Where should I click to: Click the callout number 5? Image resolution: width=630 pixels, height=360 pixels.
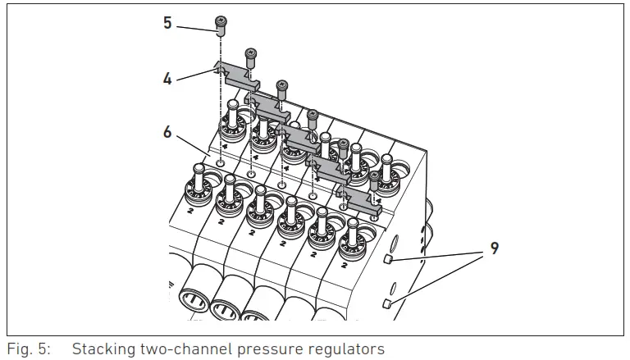click(x=167, y=23)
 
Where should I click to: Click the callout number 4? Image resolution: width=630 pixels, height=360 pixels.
click(x=167, y=80)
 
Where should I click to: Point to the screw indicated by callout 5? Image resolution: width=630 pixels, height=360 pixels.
click(x=221, y=26)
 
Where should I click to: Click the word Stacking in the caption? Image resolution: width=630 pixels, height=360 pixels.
click(x=103, y=349)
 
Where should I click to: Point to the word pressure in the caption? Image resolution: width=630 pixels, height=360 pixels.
click(x=262, y=349)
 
